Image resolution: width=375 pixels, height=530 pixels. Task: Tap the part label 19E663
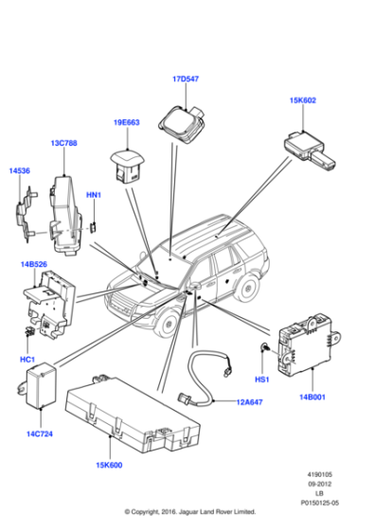click(127, 122)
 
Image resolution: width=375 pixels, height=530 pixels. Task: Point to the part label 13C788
click(64, 144)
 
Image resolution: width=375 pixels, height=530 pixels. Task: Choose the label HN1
click(94, 195)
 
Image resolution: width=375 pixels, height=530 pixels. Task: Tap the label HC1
click(27, 361)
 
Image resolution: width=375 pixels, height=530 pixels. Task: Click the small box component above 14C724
click(38, 387)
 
